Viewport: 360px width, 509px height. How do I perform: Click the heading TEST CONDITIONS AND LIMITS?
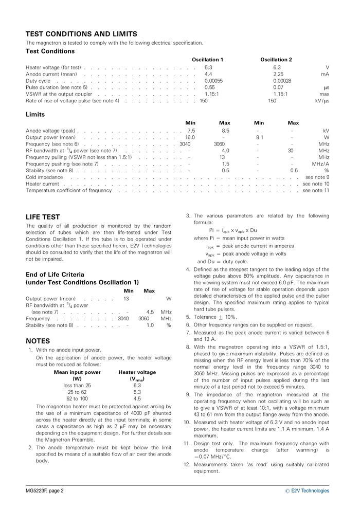point(81,34)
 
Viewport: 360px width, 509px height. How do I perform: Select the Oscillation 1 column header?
point(207,60)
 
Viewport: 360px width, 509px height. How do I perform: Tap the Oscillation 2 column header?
point(276,60)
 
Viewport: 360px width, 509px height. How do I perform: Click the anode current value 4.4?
point(208,74)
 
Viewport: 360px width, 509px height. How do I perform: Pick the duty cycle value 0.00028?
point(282,81)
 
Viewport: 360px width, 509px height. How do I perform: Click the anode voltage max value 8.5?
point(225,131)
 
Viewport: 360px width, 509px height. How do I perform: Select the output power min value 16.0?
point(190,137)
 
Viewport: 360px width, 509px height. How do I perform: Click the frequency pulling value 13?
point(222,157)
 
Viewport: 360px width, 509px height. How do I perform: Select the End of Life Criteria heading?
point(55,275)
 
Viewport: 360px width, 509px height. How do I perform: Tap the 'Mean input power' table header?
point(77,372)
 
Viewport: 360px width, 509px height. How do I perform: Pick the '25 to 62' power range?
point(77,392)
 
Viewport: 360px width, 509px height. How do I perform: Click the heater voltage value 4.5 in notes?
point(137,398)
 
